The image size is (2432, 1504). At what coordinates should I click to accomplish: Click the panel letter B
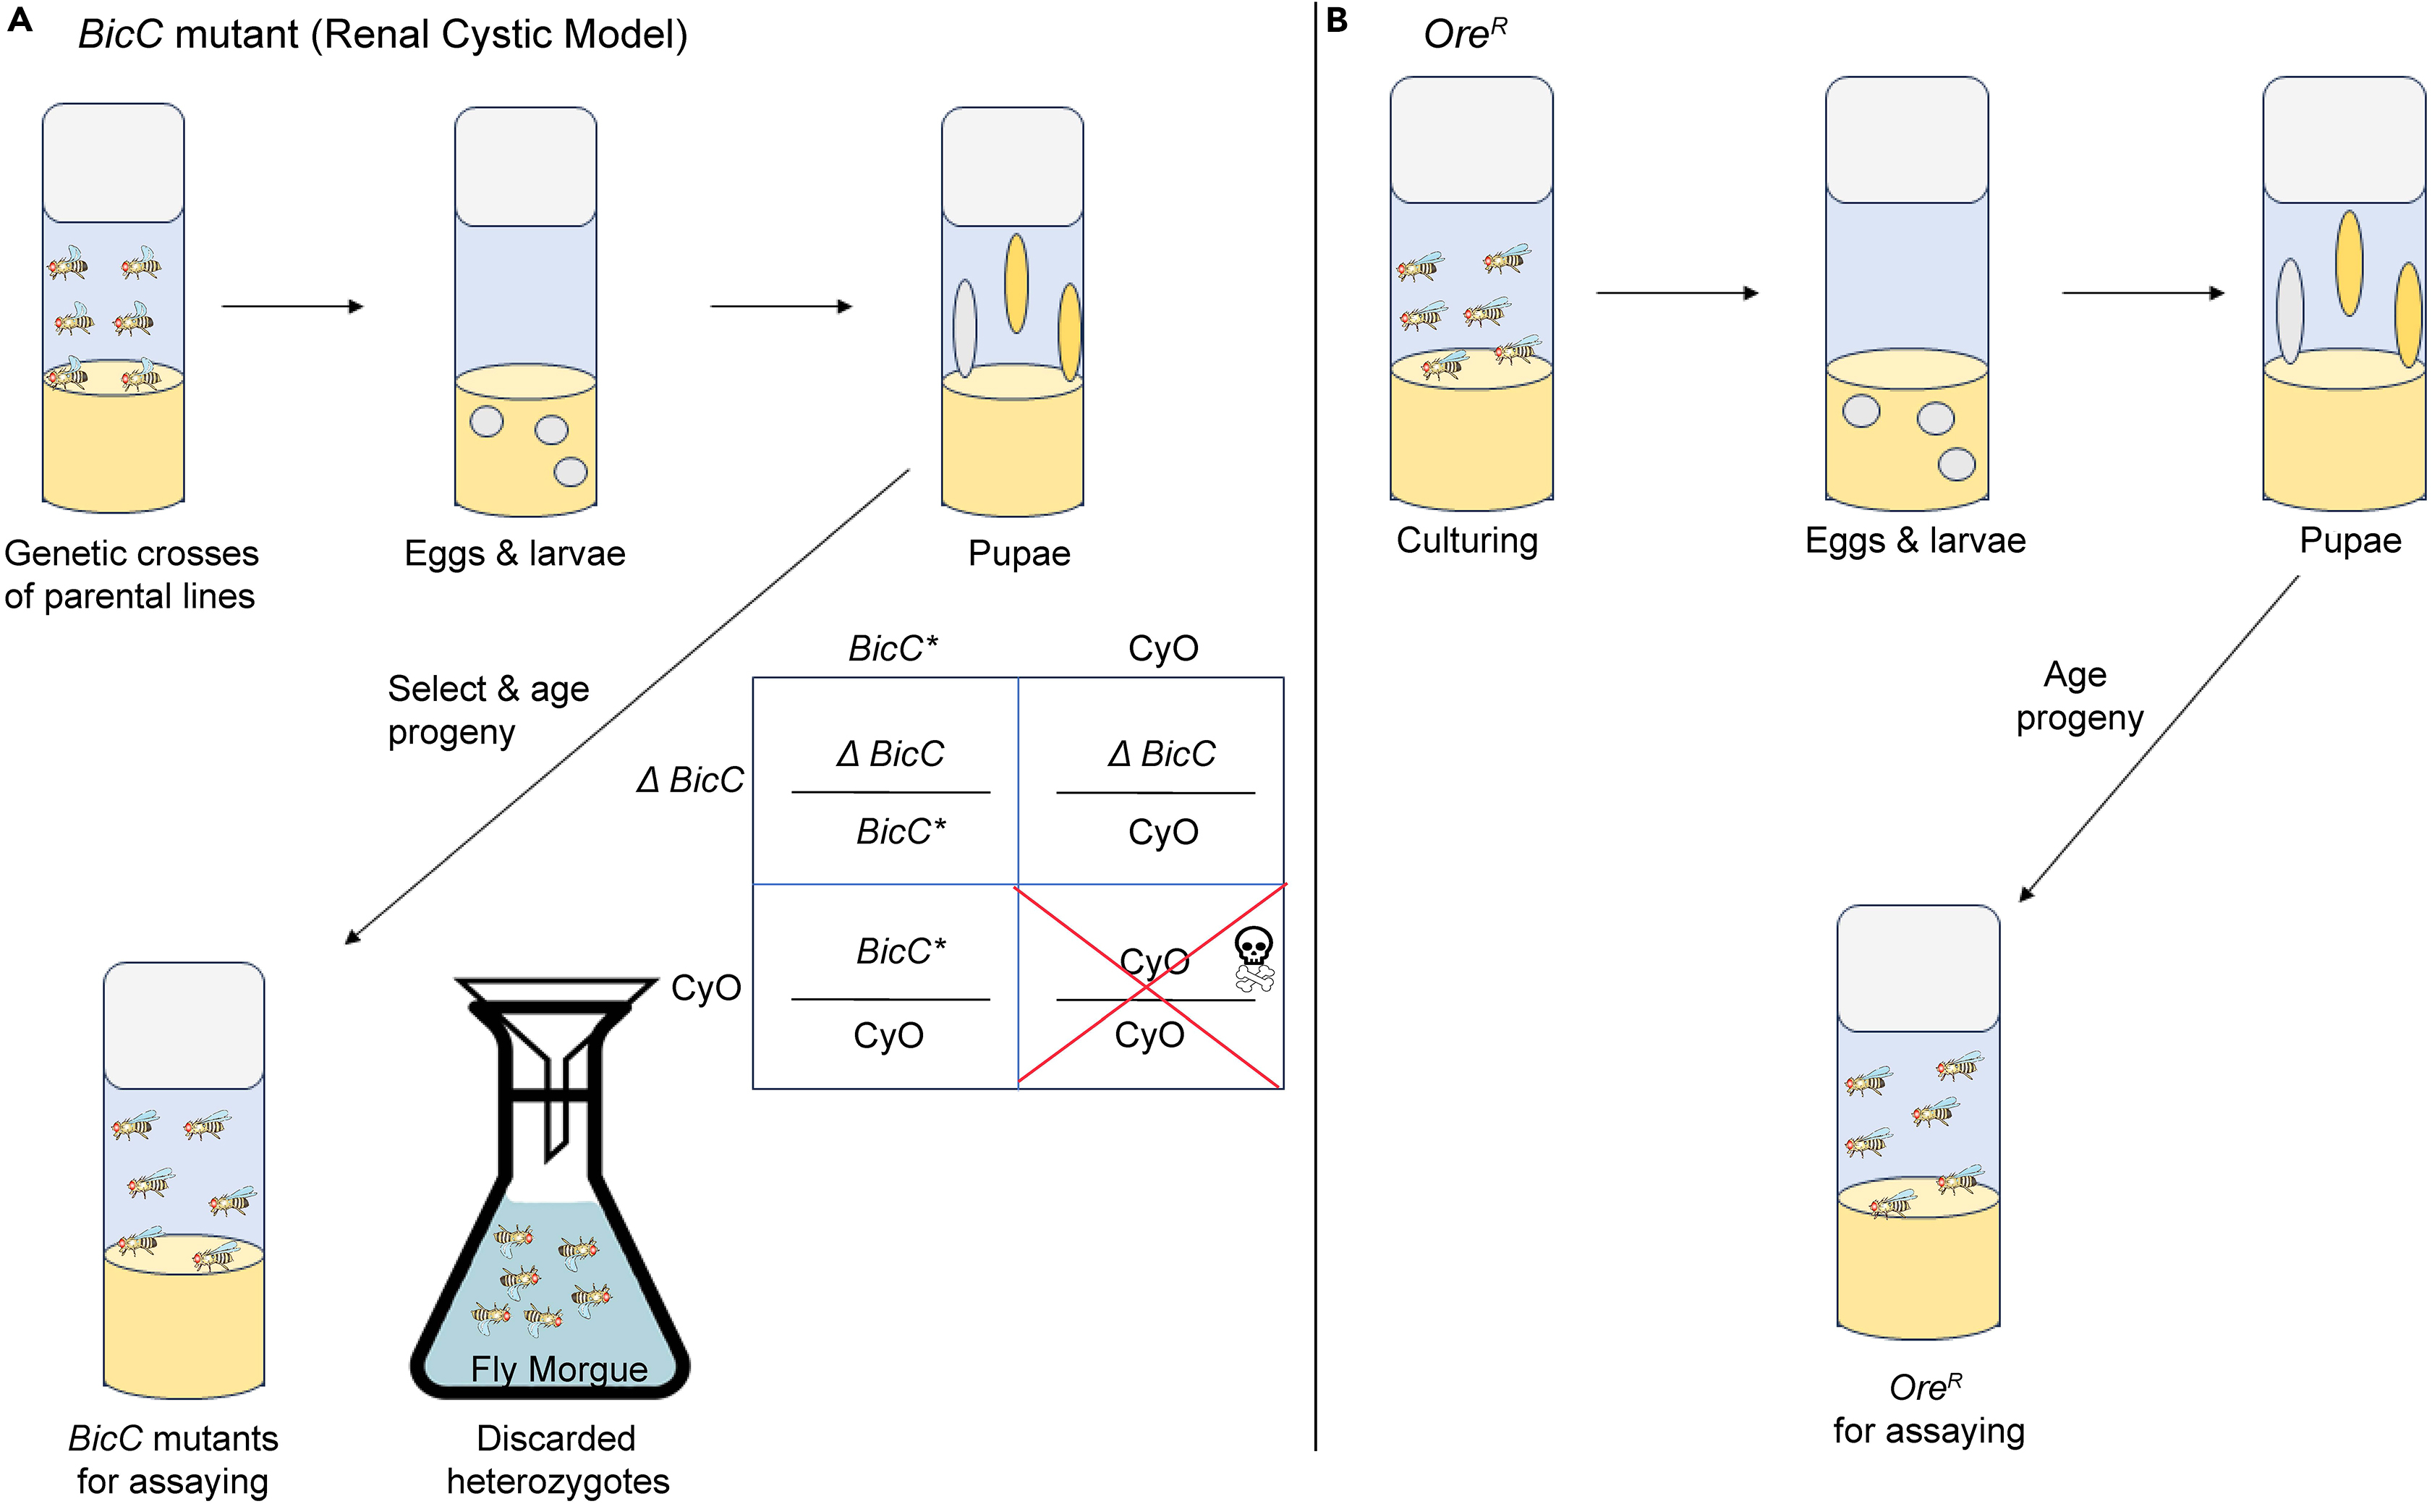pos(1337,21)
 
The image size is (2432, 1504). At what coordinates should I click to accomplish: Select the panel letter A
pos(20,21)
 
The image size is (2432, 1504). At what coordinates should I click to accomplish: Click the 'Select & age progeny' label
pos(488,709)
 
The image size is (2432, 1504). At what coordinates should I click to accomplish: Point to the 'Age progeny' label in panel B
pos(2078,695)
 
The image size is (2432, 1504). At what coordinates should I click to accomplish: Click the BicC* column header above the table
pos(892,648)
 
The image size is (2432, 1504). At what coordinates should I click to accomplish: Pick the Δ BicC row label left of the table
pos(689,780)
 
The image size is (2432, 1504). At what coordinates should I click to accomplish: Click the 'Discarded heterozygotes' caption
pos(557,1459)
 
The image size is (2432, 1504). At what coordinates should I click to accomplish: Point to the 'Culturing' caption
pos(1466,540)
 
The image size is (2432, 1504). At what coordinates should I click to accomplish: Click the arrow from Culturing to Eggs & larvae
pos(1676,292)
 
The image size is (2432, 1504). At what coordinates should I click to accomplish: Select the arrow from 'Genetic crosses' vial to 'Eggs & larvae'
pos(292,307)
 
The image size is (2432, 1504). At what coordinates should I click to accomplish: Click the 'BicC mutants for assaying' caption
pos(172,1459)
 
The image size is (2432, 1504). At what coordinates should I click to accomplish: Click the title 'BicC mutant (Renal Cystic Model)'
pos(383,35)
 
